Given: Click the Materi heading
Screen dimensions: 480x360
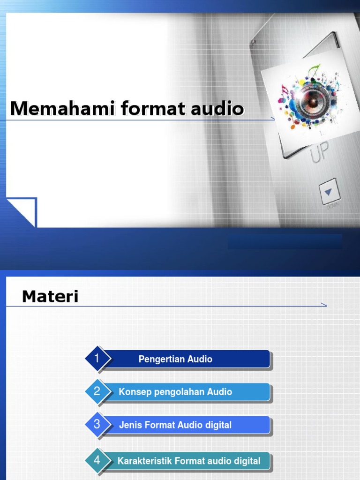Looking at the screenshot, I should pos(50,296).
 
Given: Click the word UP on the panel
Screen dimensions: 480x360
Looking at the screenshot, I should pos(319,153).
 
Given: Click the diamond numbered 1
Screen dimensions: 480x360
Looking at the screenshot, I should pos(97,359).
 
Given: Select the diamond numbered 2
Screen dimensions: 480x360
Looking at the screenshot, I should pos(97,391).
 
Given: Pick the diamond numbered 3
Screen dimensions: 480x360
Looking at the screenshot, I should pos(97,425).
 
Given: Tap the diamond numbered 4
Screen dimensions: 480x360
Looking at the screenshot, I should pos(97,460).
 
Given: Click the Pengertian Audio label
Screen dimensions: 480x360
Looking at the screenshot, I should pos(175,360).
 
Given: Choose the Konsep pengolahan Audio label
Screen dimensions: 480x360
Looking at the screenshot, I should pos(175,392).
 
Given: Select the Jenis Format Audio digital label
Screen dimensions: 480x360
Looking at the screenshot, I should pos(175,425).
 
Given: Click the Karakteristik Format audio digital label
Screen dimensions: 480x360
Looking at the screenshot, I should pos(189,461).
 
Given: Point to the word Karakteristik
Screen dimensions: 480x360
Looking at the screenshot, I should pos(144,461).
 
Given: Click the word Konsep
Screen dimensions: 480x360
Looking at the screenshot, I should pos(133,392).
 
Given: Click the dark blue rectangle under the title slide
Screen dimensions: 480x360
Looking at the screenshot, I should pos(285,241).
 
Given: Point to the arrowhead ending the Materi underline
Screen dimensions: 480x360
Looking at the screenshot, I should pos(323,305).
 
